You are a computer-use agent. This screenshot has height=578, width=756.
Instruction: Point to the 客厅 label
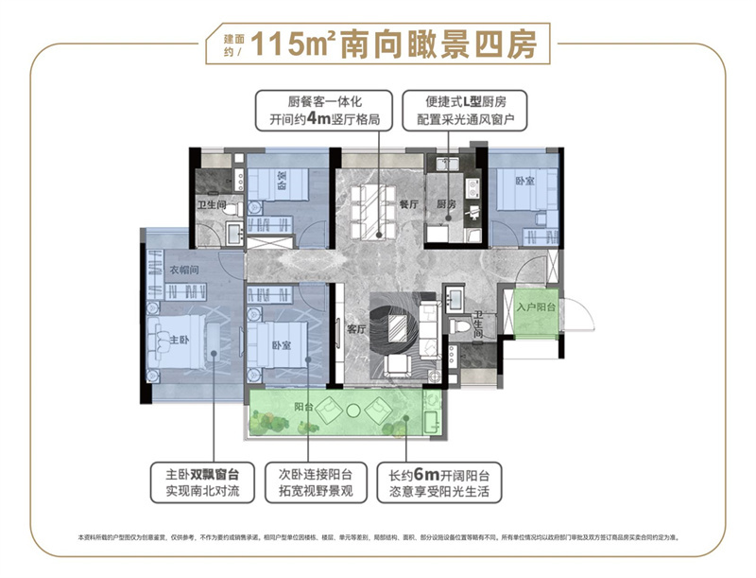(355, 329)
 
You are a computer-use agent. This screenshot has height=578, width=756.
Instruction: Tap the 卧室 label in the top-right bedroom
(525, 180)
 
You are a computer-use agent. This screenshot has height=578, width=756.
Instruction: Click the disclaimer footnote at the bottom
(378, 537)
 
